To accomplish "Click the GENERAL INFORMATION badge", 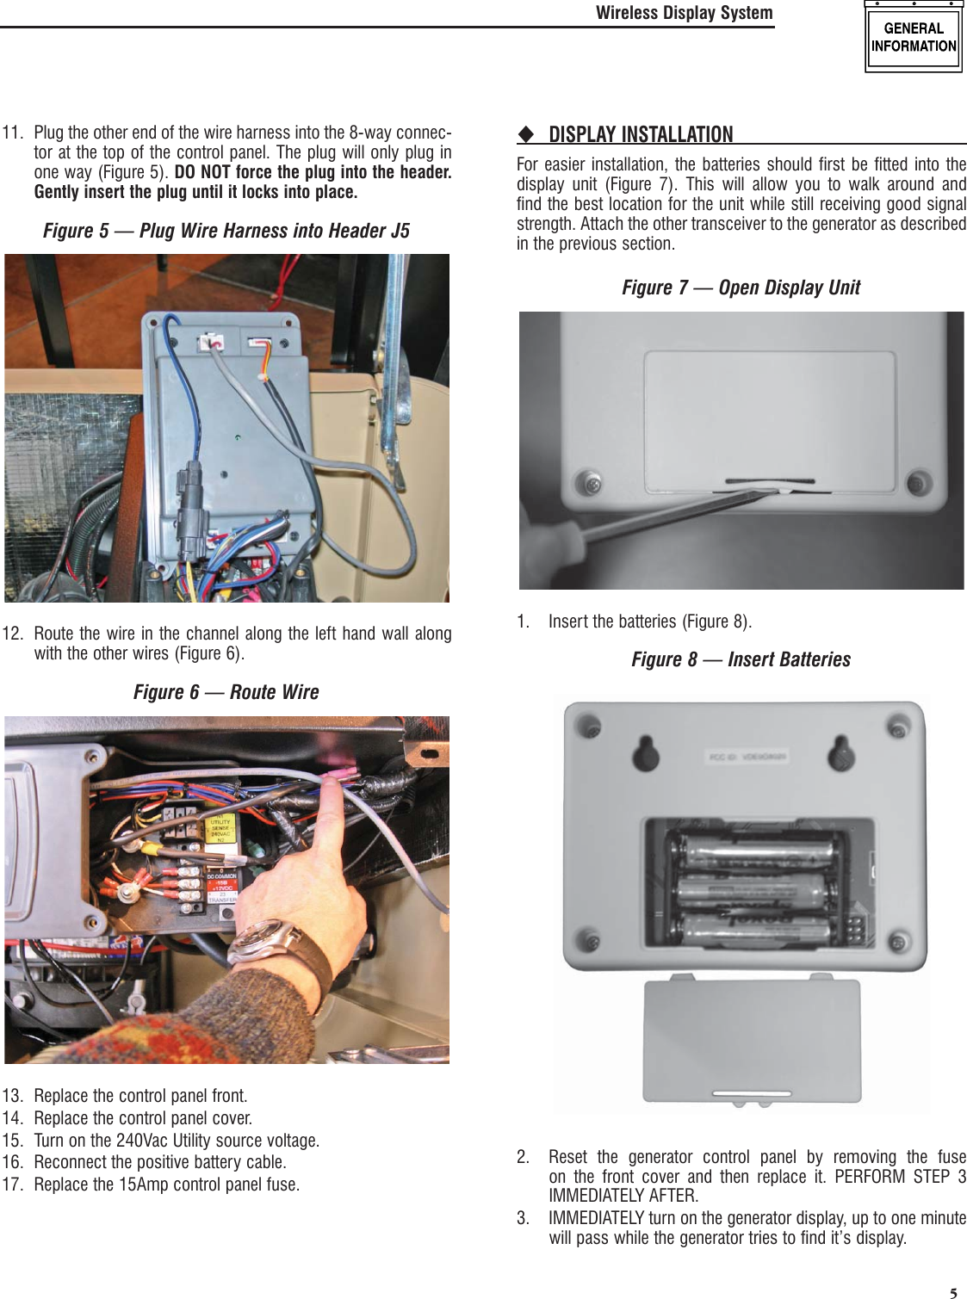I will pos(913,38).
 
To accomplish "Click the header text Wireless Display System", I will pos(684,13).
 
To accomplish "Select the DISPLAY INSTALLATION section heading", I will pos(641,134).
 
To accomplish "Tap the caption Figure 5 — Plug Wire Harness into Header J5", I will pos(226,231).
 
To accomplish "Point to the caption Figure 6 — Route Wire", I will pos(226,692).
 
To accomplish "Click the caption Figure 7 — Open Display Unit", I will pos(741,288).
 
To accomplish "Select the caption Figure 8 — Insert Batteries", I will pos(741,659).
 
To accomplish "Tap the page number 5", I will pos(953,1292).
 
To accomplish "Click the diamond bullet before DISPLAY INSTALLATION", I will pos(525,134).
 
